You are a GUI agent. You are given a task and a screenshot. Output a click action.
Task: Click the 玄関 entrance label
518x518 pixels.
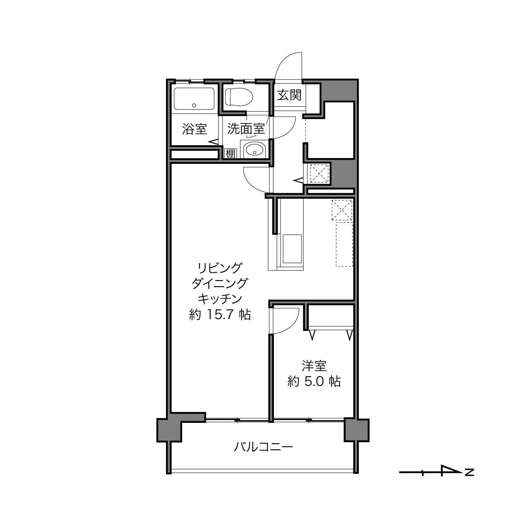point(289,95)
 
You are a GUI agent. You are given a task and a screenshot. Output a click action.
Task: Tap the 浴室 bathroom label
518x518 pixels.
point(194,129)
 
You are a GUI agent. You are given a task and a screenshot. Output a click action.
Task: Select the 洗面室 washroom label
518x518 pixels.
point(246,129)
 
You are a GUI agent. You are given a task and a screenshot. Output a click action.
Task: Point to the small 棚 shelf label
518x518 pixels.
point(230,154)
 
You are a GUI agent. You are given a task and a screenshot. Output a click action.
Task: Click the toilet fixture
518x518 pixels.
point(239,97)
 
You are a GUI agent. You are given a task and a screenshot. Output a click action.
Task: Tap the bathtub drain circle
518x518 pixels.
point(194,106)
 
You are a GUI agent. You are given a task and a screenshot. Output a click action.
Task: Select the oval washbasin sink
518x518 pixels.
point(254,150)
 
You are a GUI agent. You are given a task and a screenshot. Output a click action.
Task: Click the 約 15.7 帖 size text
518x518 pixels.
point(220,315)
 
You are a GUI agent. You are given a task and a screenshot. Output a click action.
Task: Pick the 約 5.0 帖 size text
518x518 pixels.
point(314,381)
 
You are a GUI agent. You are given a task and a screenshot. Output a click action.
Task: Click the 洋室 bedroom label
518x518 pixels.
point(314,366)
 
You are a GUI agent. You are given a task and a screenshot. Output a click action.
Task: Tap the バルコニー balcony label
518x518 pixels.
point(263,447)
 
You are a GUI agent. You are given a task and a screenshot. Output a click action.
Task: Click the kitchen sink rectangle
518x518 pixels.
point(292,249)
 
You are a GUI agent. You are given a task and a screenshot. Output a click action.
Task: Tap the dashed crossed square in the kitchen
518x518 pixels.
point(342,210)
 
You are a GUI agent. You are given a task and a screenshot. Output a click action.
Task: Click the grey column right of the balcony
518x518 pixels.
point(357,430)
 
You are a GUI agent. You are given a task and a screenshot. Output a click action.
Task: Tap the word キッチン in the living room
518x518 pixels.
point(220,299)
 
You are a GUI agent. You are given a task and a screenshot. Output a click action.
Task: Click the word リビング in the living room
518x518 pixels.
point(220,268)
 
